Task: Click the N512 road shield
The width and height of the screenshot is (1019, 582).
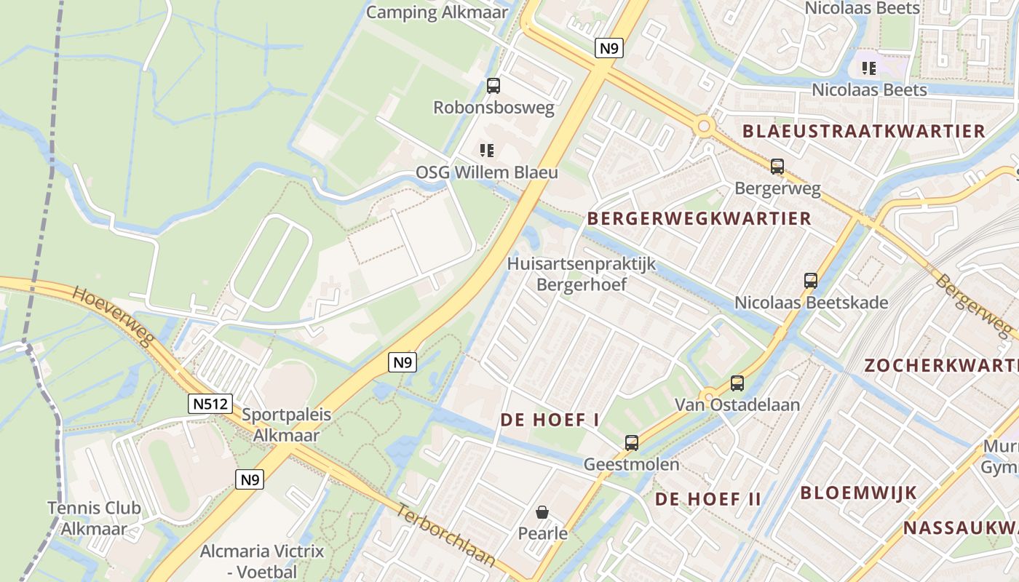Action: coord(211,404)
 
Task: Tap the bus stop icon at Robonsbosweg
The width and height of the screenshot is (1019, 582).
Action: coord(493,86)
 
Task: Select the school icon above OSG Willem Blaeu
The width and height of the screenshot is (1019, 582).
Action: coord(487,151)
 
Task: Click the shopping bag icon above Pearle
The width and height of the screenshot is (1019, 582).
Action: coord(542,512)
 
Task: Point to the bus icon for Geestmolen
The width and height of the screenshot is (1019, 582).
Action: coord(632,442)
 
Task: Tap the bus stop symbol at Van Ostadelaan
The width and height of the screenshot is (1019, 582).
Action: coord(737,383)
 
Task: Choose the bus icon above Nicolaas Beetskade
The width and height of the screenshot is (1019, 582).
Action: coord(811,280)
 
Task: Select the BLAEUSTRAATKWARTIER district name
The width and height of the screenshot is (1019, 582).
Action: coord(864,132)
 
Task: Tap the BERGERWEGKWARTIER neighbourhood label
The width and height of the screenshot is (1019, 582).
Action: coord(699,218)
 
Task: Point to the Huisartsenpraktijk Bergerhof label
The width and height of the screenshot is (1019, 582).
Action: coord(582,274)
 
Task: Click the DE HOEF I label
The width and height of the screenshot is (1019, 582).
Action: coord(550,420)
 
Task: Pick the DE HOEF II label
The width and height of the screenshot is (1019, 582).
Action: coord(708,499)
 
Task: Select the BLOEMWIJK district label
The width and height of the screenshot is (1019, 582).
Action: coord(859,493)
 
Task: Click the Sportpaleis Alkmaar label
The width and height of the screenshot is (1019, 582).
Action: coord(286,425)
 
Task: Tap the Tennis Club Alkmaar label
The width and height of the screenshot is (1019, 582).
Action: coord(94,518)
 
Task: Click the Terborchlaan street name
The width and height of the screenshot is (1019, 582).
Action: coord(445,535)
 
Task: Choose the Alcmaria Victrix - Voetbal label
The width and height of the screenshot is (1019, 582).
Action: coord(261,561)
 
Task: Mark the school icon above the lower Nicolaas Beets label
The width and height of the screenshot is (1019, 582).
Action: coord(868,68)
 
